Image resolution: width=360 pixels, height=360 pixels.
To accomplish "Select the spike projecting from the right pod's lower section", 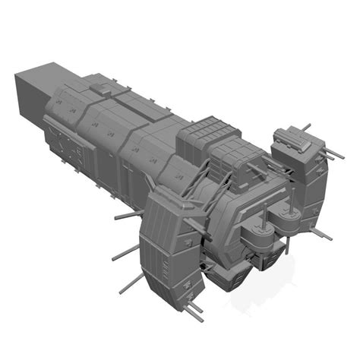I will tap(322, 234).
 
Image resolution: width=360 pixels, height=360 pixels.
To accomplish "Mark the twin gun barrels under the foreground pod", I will tap(196, 307).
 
